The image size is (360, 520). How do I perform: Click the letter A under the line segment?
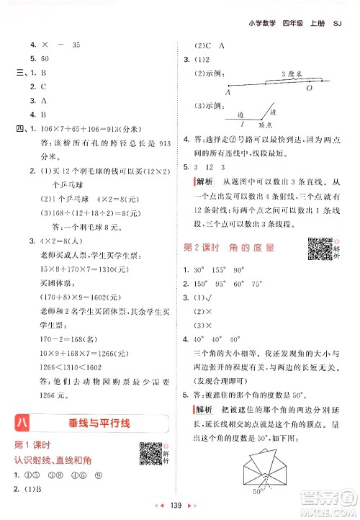pos(228,91)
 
